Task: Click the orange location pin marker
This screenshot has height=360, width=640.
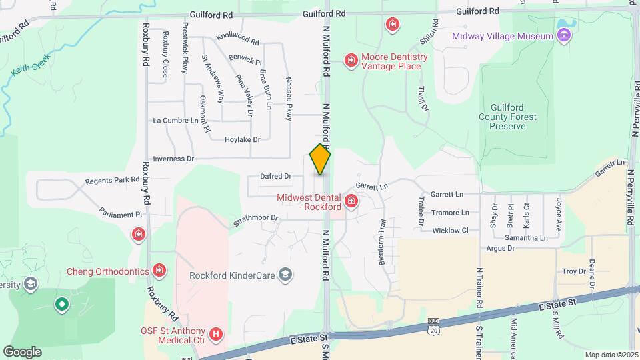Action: click(x=320, y=159)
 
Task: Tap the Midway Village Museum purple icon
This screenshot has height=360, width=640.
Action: click(x=565, y=35)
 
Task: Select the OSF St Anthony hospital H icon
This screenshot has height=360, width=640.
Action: click(x=216, y=333)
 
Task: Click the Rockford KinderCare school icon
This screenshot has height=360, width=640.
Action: click(x=285, y=275)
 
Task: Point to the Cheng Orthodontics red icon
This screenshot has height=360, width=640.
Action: click(x=159, y=271)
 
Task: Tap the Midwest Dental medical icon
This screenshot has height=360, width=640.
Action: click(x=351, y=201)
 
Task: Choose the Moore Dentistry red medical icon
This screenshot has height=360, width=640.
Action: click(x=351, y=61)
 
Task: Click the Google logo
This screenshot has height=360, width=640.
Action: click(x=22, y=351)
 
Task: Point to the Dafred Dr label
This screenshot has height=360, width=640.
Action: click(x=276, y=177)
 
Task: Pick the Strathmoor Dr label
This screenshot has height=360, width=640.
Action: click(x=255, y=217)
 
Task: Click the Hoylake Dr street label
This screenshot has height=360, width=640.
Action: click(x=242, y=139)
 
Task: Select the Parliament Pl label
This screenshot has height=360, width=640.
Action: click(x=121, y=215)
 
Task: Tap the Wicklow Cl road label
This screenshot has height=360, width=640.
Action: click(x=451, y=231)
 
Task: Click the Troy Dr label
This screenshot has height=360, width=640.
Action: click(x=573, y=271)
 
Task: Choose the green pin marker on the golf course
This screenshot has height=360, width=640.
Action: click(x=62, y=305)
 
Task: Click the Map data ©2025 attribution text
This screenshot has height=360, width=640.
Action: click(x=611, y=354)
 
